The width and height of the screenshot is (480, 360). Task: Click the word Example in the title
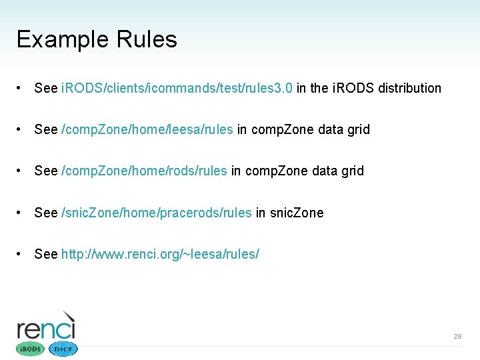[63, 40]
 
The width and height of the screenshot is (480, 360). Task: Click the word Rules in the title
[147, 40]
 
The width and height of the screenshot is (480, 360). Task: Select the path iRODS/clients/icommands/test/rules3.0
[177, 88]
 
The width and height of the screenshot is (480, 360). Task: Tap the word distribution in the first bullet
[409, 88]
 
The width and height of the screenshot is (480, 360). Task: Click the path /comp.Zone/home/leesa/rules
[147, 129]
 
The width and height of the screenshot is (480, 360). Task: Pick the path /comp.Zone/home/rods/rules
[144, 171]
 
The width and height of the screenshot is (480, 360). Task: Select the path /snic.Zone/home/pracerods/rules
[157, 213]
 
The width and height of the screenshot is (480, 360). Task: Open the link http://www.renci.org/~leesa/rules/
[160, 254]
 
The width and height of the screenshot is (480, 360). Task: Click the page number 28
[457, 337]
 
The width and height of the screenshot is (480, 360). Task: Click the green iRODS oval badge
[30, 349]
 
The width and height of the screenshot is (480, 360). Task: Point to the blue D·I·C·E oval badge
[63, 349]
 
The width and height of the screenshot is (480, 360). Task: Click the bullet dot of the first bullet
[22, 88]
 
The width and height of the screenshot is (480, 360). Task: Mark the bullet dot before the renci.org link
[22, 254]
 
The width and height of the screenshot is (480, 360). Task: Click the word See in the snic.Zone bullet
[46, 213]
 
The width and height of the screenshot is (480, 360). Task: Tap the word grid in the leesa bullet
[358, 129]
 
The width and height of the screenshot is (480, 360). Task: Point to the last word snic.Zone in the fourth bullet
[297, 213]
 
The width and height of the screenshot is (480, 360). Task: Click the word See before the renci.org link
[46, 254]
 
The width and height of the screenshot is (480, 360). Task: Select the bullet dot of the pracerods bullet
[22, 213]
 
